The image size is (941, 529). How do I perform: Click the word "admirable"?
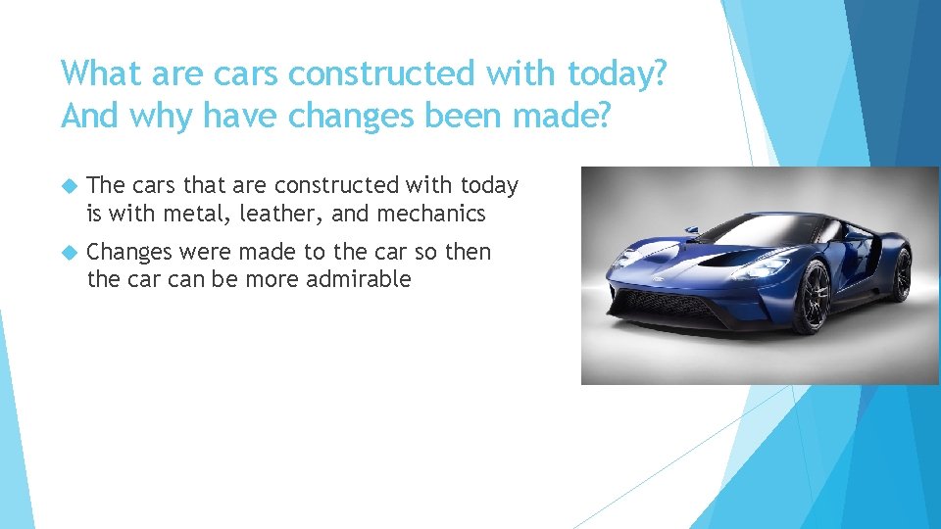pyautogui.click(x=359, y=279)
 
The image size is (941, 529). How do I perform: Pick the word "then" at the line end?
pyautogui.click(x=468, y=252)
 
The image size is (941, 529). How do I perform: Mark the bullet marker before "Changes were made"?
pyautogui.click(x=69, y=253)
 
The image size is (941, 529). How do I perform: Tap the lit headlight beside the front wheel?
pyautogui.click(x=763, y=266)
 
